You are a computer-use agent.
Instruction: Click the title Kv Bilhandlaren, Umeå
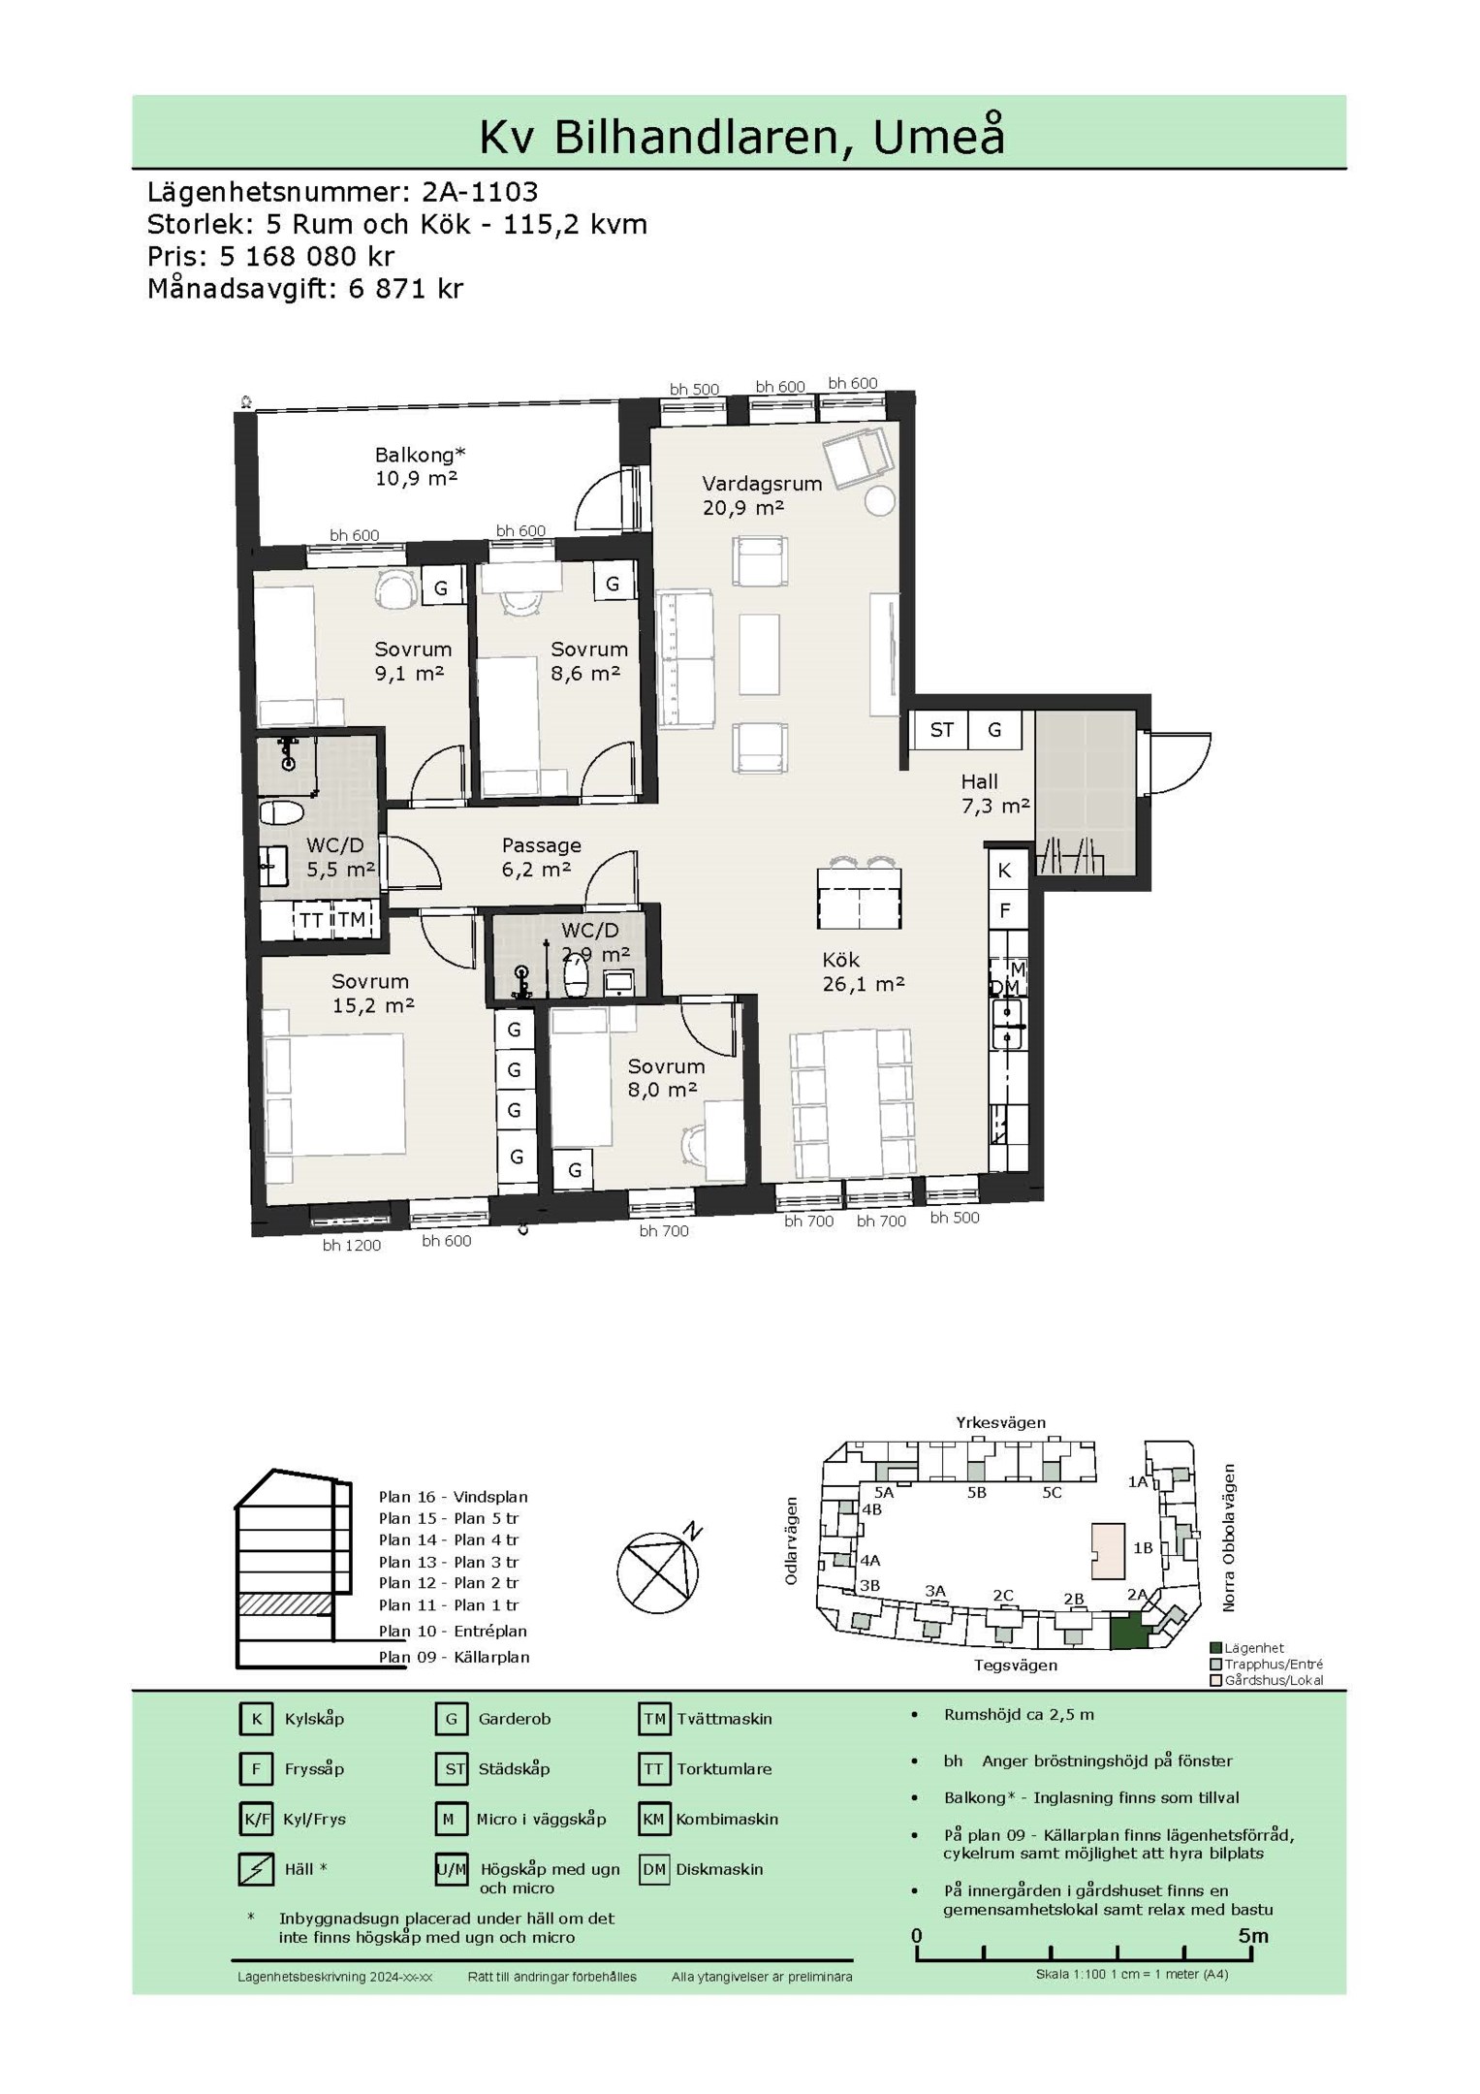tap(741, 137)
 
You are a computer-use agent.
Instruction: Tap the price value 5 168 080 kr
tap(307, 256)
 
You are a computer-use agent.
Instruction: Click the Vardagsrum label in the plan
tap(762, 483)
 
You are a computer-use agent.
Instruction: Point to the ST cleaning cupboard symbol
tap(941, 730)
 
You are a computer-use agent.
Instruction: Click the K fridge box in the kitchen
tap(1005, 871)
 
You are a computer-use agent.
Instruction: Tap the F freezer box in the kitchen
tap(1005, 910)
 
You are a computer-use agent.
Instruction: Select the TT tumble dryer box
tap(310, 920)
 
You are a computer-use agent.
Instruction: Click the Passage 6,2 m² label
tap(540, 857)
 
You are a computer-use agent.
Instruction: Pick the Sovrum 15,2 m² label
tap(373, 994)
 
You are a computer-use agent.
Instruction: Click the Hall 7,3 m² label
tap(994, 793)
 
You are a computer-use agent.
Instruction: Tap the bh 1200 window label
tap(352, 1246)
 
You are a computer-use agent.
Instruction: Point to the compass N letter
tap(692, 1531)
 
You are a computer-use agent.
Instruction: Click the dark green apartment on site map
tap(1129, 1632)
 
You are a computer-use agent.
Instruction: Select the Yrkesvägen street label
tap(1001, 1423)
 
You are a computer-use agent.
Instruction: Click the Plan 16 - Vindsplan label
tap(454, 1497)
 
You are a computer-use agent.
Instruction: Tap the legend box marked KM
tap(654, 1820)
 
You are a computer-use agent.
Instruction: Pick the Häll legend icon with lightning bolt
tap(256, 1869)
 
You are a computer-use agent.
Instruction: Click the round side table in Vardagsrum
tap(880, 501)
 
